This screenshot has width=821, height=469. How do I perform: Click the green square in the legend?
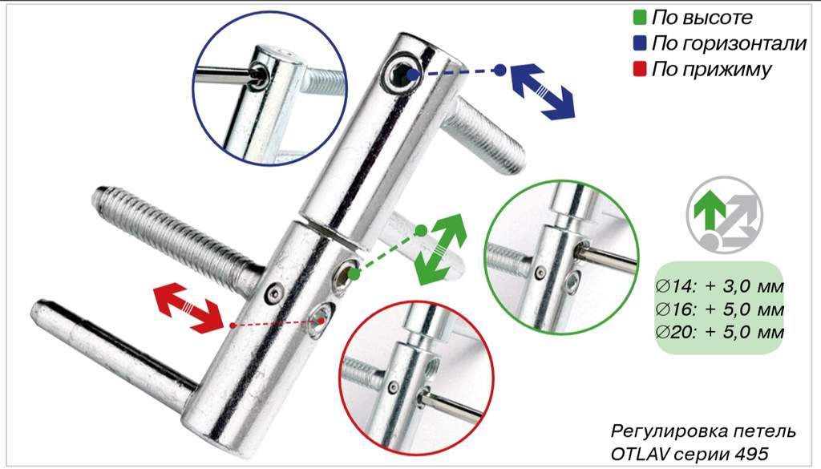pyautogui.click(x=640, y=18)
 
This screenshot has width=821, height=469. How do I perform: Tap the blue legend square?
pyautogui.click(x=640, y=43)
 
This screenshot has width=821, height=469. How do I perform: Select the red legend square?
pyautogui.click(x=640, y=69)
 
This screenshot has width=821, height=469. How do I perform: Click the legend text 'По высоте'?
pyautogui.click(x=702, y=18)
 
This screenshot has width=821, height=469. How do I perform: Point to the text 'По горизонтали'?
pyautogui.click(x=729, y=43)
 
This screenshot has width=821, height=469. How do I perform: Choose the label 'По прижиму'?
pyautogui.click(x=712, y=69)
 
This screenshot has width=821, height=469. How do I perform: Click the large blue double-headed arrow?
pyautogui.click(x=543, y=91)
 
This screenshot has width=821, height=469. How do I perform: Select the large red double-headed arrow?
pyautogui.click(x=189, y=309)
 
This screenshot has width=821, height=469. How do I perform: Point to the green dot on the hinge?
pyautogui.click(x=354, y=273)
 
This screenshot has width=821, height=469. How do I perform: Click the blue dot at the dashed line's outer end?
pyautogui.click(x=500, y=70)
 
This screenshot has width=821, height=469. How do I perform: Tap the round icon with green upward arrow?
pyautogui.click(x=724, y=215)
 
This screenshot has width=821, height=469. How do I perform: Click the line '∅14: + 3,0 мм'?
pyautogui.click(x=719, y=286)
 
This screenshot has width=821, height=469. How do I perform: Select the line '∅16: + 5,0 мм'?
pyautogui.click(x=719, y=309)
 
